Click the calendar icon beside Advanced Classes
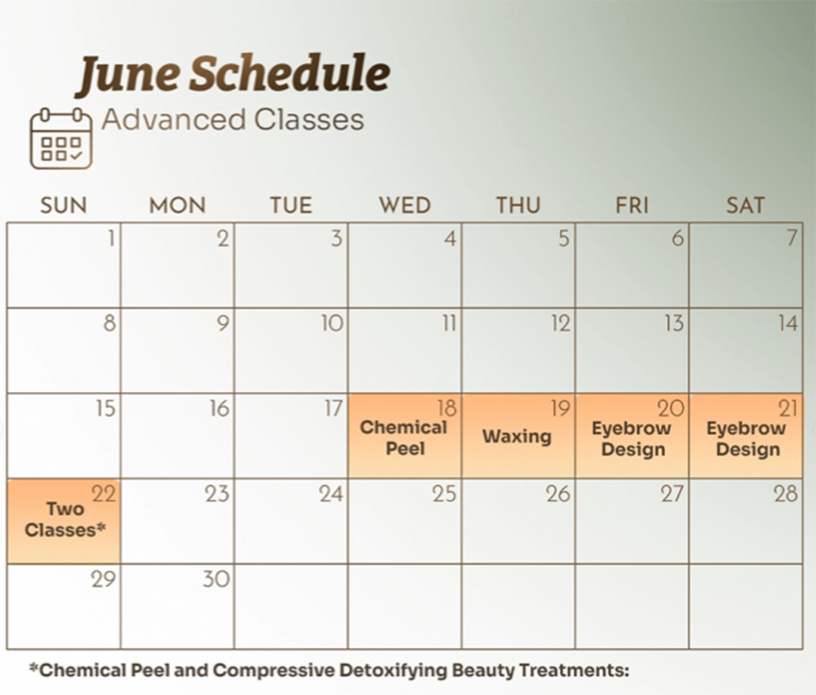(61, 138)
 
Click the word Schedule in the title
(289, 73)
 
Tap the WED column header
(405, 205)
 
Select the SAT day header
(745, 205)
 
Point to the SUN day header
(63, 205)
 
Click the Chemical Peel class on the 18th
(403, 437)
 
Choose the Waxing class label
(517, 436)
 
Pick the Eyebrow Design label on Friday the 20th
(632, 439)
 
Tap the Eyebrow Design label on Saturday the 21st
(746, 439)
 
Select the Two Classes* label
(65, 519)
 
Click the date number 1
(111, 239)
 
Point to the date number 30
(217, 579)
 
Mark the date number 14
(788, 323)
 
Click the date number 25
(444, 494)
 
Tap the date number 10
(332, 323)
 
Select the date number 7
(792, 238)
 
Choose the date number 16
(220, 409)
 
